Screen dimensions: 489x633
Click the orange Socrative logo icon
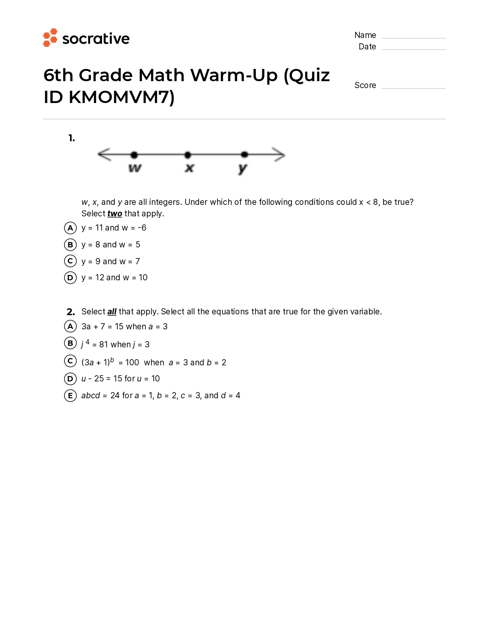pyautogui.click(x=50, y=38)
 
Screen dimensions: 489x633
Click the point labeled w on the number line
pyautogui.click(x=134, y=155)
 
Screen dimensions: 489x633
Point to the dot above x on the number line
pyautogui.click(x=188, y=155)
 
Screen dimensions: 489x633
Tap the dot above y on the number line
pyautogui.click(x=244, y=154)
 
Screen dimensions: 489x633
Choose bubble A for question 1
pyautogui.click(x=70, y=228)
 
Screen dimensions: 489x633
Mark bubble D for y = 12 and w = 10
pyautogui.click(x=70, y=278)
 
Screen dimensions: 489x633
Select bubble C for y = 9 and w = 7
pyautogui.click(x=70, y=261)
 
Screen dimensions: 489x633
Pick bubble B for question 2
pyautogui.click(x=70, y=343)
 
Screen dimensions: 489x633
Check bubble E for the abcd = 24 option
pyautogui.click(x=70, y=396)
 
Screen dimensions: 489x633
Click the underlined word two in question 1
pyautogui.click(x=115, y=214)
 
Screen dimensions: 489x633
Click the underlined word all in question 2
pyautogui.click(x=112, y=312)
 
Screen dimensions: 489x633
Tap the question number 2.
pyautogui.click(x=71, y=312)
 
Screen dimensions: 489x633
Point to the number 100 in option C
pyautogui.click(x=132, y=363)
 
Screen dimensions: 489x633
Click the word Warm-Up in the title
pyautogui.click(x=234, y=75)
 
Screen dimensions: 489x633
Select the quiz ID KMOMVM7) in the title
pyautogui.click(x=122, y=97)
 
